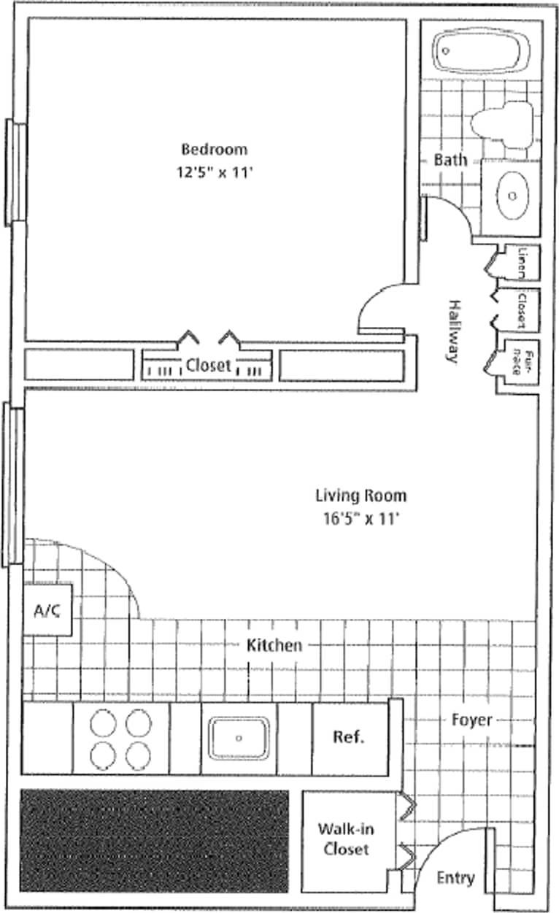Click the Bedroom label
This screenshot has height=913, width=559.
214,150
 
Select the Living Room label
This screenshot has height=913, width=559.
361,496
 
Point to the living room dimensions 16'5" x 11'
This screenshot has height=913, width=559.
361,520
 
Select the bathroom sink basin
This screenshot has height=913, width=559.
512,195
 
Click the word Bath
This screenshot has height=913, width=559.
450,160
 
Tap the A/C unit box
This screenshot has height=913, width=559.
47,610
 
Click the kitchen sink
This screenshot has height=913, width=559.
239,737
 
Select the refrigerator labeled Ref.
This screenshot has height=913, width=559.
349,737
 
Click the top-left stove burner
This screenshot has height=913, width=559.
104,724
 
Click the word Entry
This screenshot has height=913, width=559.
455,878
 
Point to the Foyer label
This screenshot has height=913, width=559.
471,720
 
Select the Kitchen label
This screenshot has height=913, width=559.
274,645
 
